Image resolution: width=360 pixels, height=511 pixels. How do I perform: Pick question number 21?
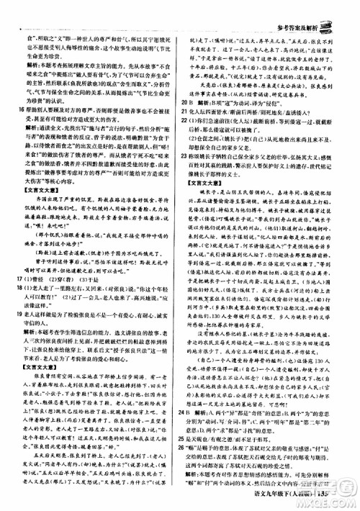pos(186,112)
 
